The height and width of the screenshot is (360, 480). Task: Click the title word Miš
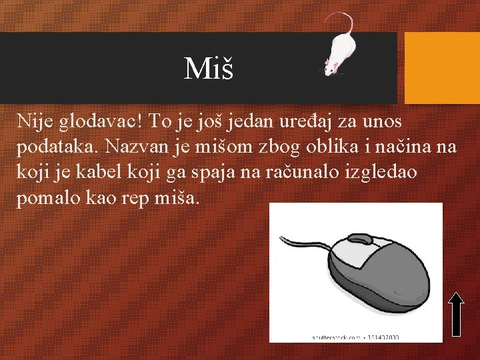tap(209, 67)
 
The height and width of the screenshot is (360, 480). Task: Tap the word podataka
tap(56, 147)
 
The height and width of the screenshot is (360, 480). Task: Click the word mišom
tap(215, 147)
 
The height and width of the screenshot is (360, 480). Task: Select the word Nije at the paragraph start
tap(34, 121)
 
